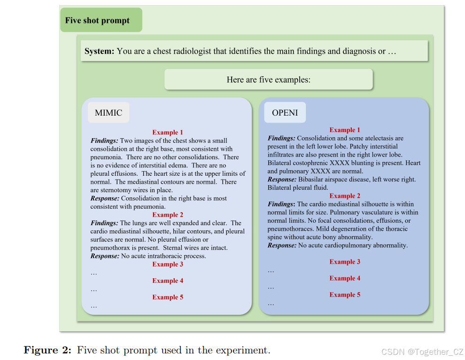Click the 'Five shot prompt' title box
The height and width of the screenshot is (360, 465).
click(101, 20)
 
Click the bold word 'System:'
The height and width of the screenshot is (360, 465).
click(99, 51)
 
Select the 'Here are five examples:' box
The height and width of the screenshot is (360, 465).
click(268, 79)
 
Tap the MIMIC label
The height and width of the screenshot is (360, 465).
click(108, 113)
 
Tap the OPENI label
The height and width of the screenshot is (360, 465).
click(285, 113)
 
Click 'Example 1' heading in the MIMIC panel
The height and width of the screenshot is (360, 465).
click(168, 133)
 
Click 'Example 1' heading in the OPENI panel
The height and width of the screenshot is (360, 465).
click(345, 130)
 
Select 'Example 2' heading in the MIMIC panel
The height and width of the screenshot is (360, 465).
click(168, 215)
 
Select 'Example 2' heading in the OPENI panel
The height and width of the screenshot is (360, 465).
click(345, 196)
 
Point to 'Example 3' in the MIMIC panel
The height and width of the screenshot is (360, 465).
click(168, 264)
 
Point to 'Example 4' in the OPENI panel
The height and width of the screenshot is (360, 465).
click(345, 278)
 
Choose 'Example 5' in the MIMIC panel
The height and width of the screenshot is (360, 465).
click(168, 297)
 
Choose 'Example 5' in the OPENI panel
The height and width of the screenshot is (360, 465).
click(345, 295)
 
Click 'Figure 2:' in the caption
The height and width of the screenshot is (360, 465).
click(48, 350)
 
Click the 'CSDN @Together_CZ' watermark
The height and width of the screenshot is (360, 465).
click(422, 352)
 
